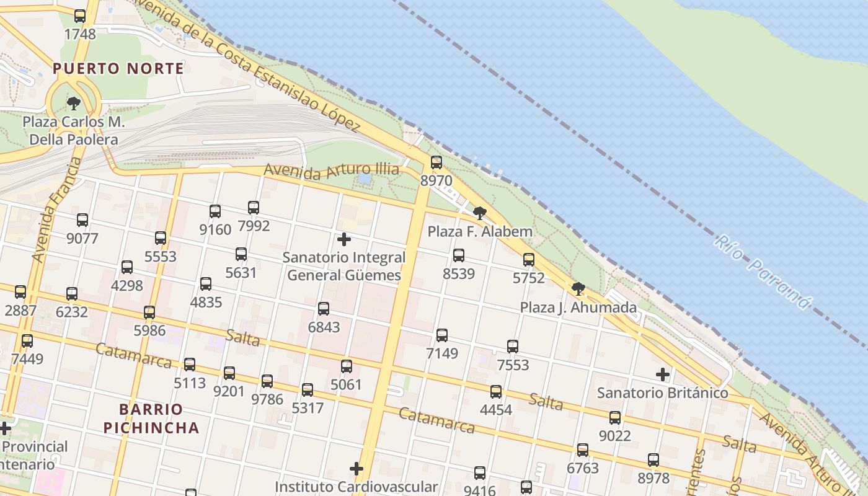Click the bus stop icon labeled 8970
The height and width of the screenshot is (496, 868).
coord(436,162)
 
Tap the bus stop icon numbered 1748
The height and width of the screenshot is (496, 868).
coord(80,16)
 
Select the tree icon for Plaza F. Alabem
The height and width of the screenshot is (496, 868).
coord(479,213)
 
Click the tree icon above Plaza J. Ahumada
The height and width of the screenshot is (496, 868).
coord(578,288)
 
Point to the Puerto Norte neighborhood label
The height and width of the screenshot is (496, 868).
coord(118,68)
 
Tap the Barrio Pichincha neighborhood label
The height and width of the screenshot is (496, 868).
coord(151,418)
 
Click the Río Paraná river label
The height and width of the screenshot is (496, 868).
coord(762,271)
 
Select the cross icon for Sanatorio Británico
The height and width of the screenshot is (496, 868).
coord(663,374)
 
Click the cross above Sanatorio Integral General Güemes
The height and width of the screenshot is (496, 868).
coord(344,239)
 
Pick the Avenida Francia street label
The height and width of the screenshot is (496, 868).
coord(57,209)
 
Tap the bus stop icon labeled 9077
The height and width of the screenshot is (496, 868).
coord(82,220)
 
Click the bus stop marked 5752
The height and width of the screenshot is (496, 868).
coord(529,260)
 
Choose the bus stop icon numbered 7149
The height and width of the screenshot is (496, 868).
coord(442,335)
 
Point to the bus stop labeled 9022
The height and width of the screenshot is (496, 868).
coord(615,418)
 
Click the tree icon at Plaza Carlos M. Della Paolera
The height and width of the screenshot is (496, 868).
coord(74,103)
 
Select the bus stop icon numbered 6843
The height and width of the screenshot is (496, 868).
coord(324,309)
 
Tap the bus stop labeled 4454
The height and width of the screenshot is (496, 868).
coord(496,392)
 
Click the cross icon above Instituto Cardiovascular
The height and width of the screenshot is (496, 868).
coord(356,469)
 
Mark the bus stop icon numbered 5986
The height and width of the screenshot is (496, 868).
coord(149,312)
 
